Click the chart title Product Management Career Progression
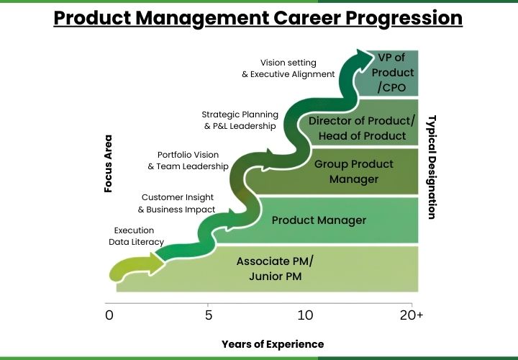pyautogui.click(x=258, y=17)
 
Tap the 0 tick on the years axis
pyautogui.click(x=109, y=315)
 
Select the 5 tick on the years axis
pyautogui.click(x=208, y=315)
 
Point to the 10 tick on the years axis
pyautogui.click(x=305, y=315)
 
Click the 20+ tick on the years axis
pyautogui.click(x=411, y=315)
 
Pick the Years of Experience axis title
pyautogui.click(x=272, y=344)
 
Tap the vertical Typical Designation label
pyautogui.click(x=432, y=166)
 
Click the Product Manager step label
pyautogui.click(x=319, y=220)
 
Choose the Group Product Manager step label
pyautogui.click(x=353, y=171)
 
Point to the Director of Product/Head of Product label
pyautogui.click(x=362, y=127)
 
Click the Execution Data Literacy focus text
pyautogui.click(x=136, y=236)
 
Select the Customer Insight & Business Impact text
pyautogui.click(x=176, y=203)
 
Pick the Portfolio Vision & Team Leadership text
pyautogui.click(x=188, y=161)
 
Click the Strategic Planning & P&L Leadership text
pyautogui.click(x=239, y=120)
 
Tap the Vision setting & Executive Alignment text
pyautogui.click(x=288, y=68)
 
